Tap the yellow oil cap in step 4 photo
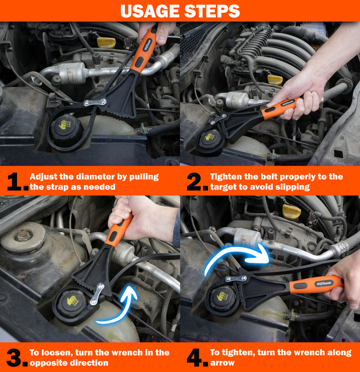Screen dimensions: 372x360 (292, 212)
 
